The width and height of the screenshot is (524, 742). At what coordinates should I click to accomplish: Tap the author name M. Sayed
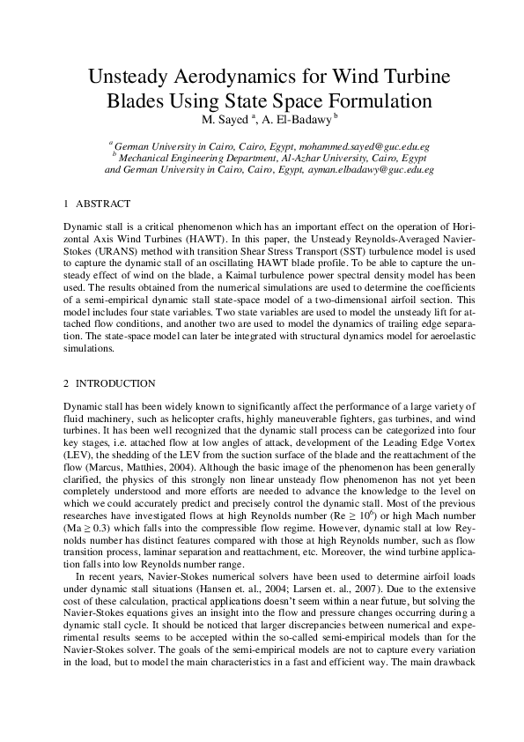225,119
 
